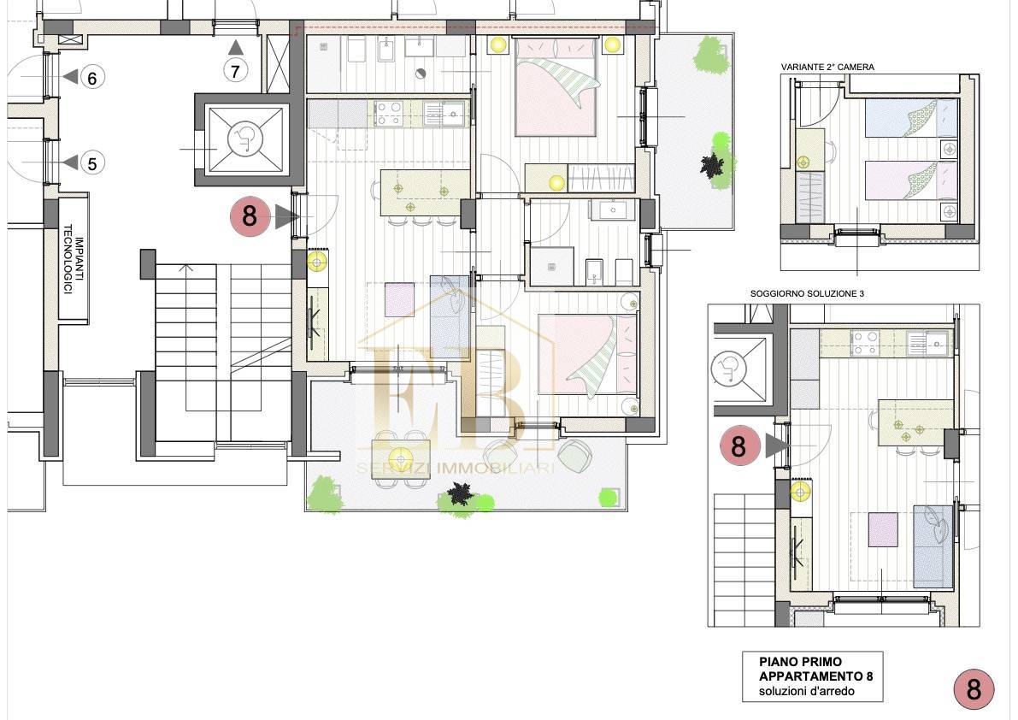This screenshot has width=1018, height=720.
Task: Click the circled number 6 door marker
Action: (x=92, y=78)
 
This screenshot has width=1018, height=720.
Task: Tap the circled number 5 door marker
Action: (x=92, y=163)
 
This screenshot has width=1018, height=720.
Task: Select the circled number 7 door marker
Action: (x=236, y=70)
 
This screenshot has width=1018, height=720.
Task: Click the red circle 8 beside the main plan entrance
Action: (x=250, y=215)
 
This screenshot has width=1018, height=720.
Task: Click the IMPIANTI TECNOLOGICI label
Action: (x=74, y=258)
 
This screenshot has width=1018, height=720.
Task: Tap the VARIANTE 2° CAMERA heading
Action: (x=827, y=67)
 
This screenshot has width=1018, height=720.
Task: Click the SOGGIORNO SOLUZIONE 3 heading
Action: (x=807, y=293)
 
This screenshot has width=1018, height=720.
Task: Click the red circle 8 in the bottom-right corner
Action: (x=974, y=689)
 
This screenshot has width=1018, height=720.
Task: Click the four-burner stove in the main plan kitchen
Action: (x=388, y=113)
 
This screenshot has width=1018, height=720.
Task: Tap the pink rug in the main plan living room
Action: (x=399, y=299)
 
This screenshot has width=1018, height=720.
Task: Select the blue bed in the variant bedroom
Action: (x=911, y=118)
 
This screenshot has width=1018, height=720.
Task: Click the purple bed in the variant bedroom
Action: (x=911, y=180)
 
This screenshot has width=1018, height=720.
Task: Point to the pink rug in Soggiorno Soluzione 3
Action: (x=883, y=529)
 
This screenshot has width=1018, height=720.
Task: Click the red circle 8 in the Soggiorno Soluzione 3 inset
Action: (x=738, y=446)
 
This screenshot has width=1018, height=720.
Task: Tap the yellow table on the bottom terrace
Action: (x=401, y=458)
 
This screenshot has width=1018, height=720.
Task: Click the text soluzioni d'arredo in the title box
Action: (x=806, y=691)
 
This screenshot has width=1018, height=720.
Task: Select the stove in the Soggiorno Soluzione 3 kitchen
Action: (x=866, y=342)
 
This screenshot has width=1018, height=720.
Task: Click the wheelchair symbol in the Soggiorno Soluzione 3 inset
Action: (x=730, y=370)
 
